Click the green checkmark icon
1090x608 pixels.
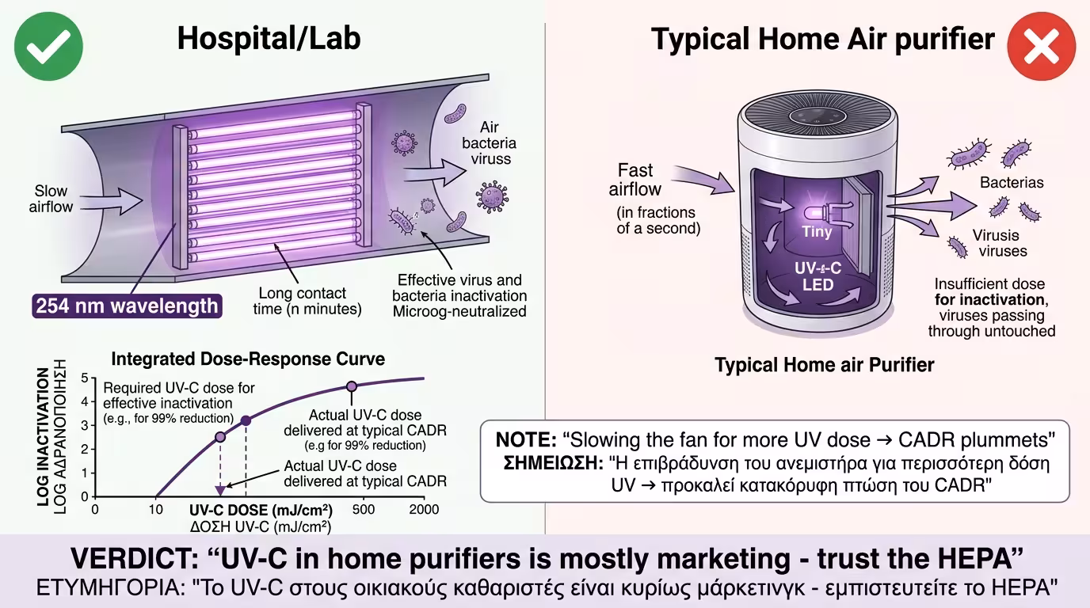(x=48, y=46)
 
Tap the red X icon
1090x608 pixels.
(x=1042, y=46)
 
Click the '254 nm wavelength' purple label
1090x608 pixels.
(x=127, y=306)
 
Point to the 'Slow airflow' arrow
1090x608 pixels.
(x=111, y=200)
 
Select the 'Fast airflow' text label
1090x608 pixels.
(x=635, y=180)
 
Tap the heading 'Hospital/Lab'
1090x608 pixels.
(x=269, y=38)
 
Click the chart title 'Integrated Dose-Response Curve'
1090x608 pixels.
(x=248, y=359)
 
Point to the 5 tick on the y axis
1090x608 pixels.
(x=85, y=378)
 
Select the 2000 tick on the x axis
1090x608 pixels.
(x=424, y=509)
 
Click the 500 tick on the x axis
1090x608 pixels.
(x=363, y=509)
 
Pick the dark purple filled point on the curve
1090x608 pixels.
(x=246, y=420)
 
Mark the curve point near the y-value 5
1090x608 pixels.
(x=352, y=386)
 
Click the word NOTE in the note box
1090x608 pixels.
(x=526, y=439)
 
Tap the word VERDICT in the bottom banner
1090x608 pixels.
(x=135, y=558)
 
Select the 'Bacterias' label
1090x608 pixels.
(x=1012, y=182)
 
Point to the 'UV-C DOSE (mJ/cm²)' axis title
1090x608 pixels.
(x=261, y=510)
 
